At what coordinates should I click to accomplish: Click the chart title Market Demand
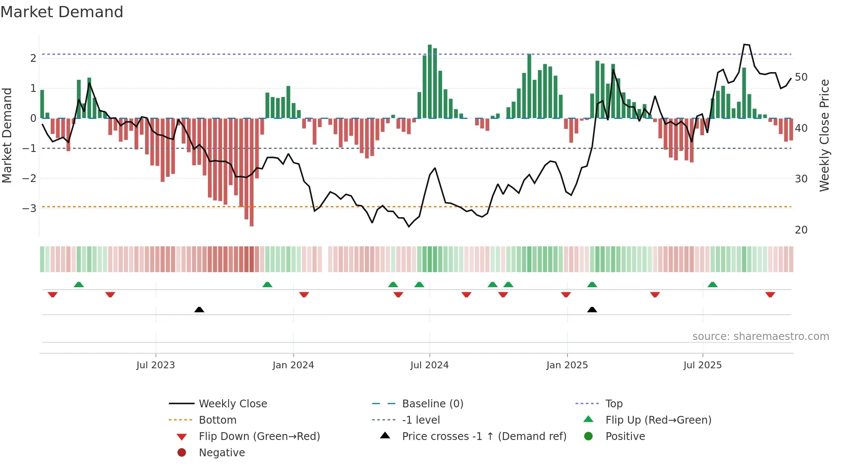(x=62, y=12)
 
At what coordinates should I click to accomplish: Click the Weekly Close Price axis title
(x=824, y=135)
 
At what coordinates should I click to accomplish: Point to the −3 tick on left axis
(x=29, y=209)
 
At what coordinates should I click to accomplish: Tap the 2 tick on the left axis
(x=33, y=58)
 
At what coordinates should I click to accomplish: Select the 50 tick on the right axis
(x=801, y=77)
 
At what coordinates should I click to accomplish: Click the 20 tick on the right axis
(x=801, y=230)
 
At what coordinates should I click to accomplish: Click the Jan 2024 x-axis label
(x=293, y=365)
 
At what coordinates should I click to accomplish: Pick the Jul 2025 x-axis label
(x=702, y=365)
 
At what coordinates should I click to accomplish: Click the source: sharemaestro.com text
(x=760, y=337)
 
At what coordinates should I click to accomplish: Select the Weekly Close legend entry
(x=232, y=404)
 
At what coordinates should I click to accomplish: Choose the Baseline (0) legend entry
(x=432, y=404)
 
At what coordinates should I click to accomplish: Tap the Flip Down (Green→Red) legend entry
(x=259, y=437)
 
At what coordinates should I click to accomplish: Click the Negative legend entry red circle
(x=182, y=453)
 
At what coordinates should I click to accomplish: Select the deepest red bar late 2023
(x=251, y=172)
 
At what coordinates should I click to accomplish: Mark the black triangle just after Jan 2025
(x=592, y=310)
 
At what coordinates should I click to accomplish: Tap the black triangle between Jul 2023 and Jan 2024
(x=199, y=310)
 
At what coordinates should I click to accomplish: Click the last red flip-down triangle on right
(x=770, y=295)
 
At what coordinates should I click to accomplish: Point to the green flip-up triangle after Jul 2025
(x=712, y=285)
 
